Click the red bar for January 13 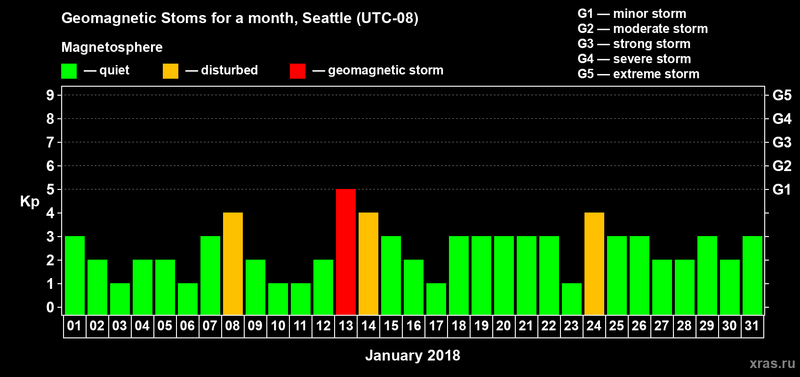pyautogui.click(x=346, y=252)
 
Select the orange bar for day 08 pyautogui.click(x=233, y=263)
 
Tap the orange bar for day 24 pyautogui.click(x=594, y=263)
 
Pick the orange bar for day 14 pyautogui.click(x=368, y=263)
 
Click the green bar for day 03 pyautogui.click(x=120, y=299)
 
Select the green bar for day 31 pyautogui.click(x=752, y=275)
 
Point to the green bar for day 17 pyautogui.click(x=436, y=299)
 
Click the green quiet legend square pyautogui.click(x=69, y=71)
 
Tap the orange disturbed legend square pyautogui.click(x=170, y=71)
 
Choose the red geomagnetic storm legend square pyautogui.click(x=297, y=71)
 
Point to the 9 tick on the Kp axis pyautogui.click(x=50, y=95)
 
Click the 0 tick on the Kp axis pyautogui.click(x=50, y=307)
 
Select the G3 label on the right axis pyautogui.click(x=782, y=142)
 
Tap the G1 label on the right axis pyautogui.click(x=782, y=189)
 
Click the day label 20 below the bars pyautogui.click(x=504, y=326)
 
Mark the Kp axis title pyautogui.click(x=30, y=202)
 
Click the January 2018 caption pyautogui.click(x=413, y=355)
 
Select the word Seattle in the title pyautogui.click(x=327, y=18)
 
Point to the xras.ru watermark pyautogui.click(x=772, y=363)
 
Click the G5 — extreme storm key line pyautogui.click(x=638, y=74)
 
